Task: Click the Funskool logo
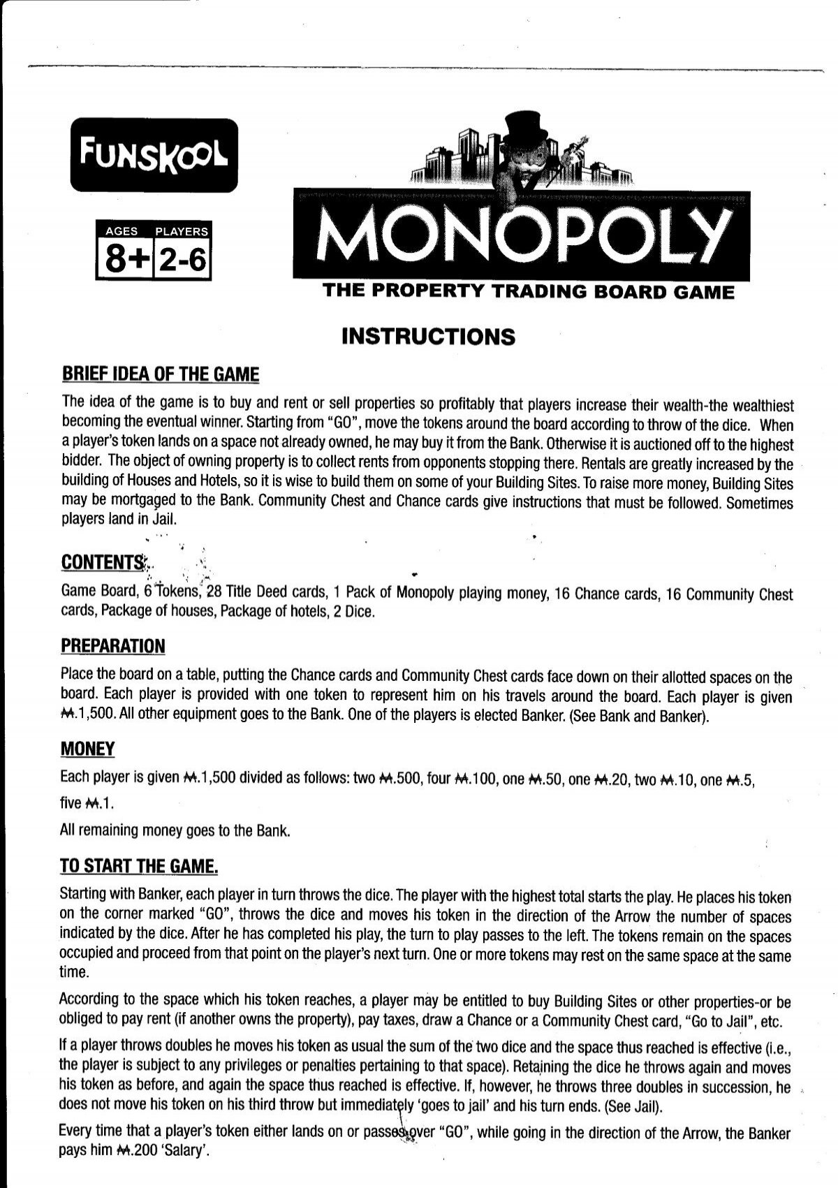[x=154, y=156]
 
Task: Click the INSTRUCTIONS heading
[x=429, y=337]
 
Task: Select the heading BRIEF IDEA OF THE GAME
[x=160, y=375]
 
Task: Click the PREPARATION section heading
[x=113, y=646]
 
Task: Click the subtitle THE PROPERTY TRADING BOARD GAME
[x=528, y=293]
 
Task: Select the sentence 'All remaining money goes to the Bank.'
[x=175, y=831]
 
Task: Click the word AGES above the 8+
[x=122, y=231]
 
